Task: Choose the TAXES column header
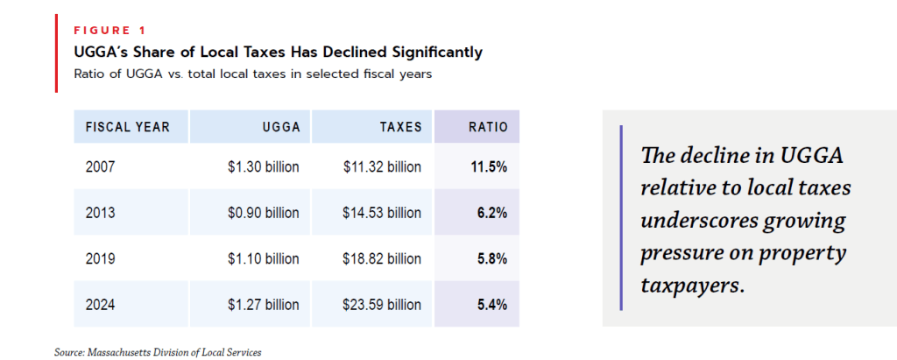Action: click(x=401, y=127)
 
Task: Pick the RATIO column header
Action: click(x=488, y=127)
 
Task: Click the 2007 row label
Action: click(x=100, y=167)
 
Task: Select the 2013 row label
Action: click(x=100, y=213)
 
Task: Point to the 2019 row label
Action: click(x=100, y=259)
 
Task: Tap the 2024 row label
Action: click(x=100, y=305)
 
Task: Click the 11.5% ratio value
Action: click(x=489, y=167)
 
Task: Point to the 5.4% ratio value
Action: click(x=491, y=305)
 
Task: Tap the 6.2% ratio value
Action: click(x=491, y=213)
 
